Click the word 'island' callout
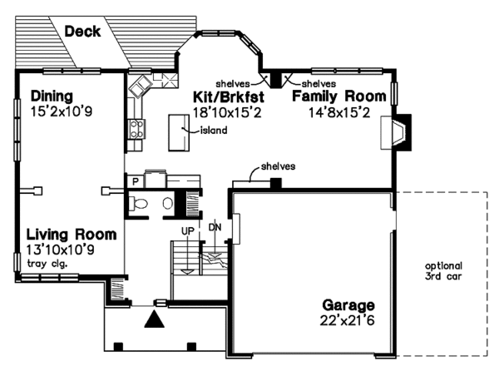coord(214,130)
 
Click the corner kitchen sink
coord(139,85)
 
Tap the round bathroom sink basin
coord(168,203)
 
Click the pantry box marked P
coord(134,180)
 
